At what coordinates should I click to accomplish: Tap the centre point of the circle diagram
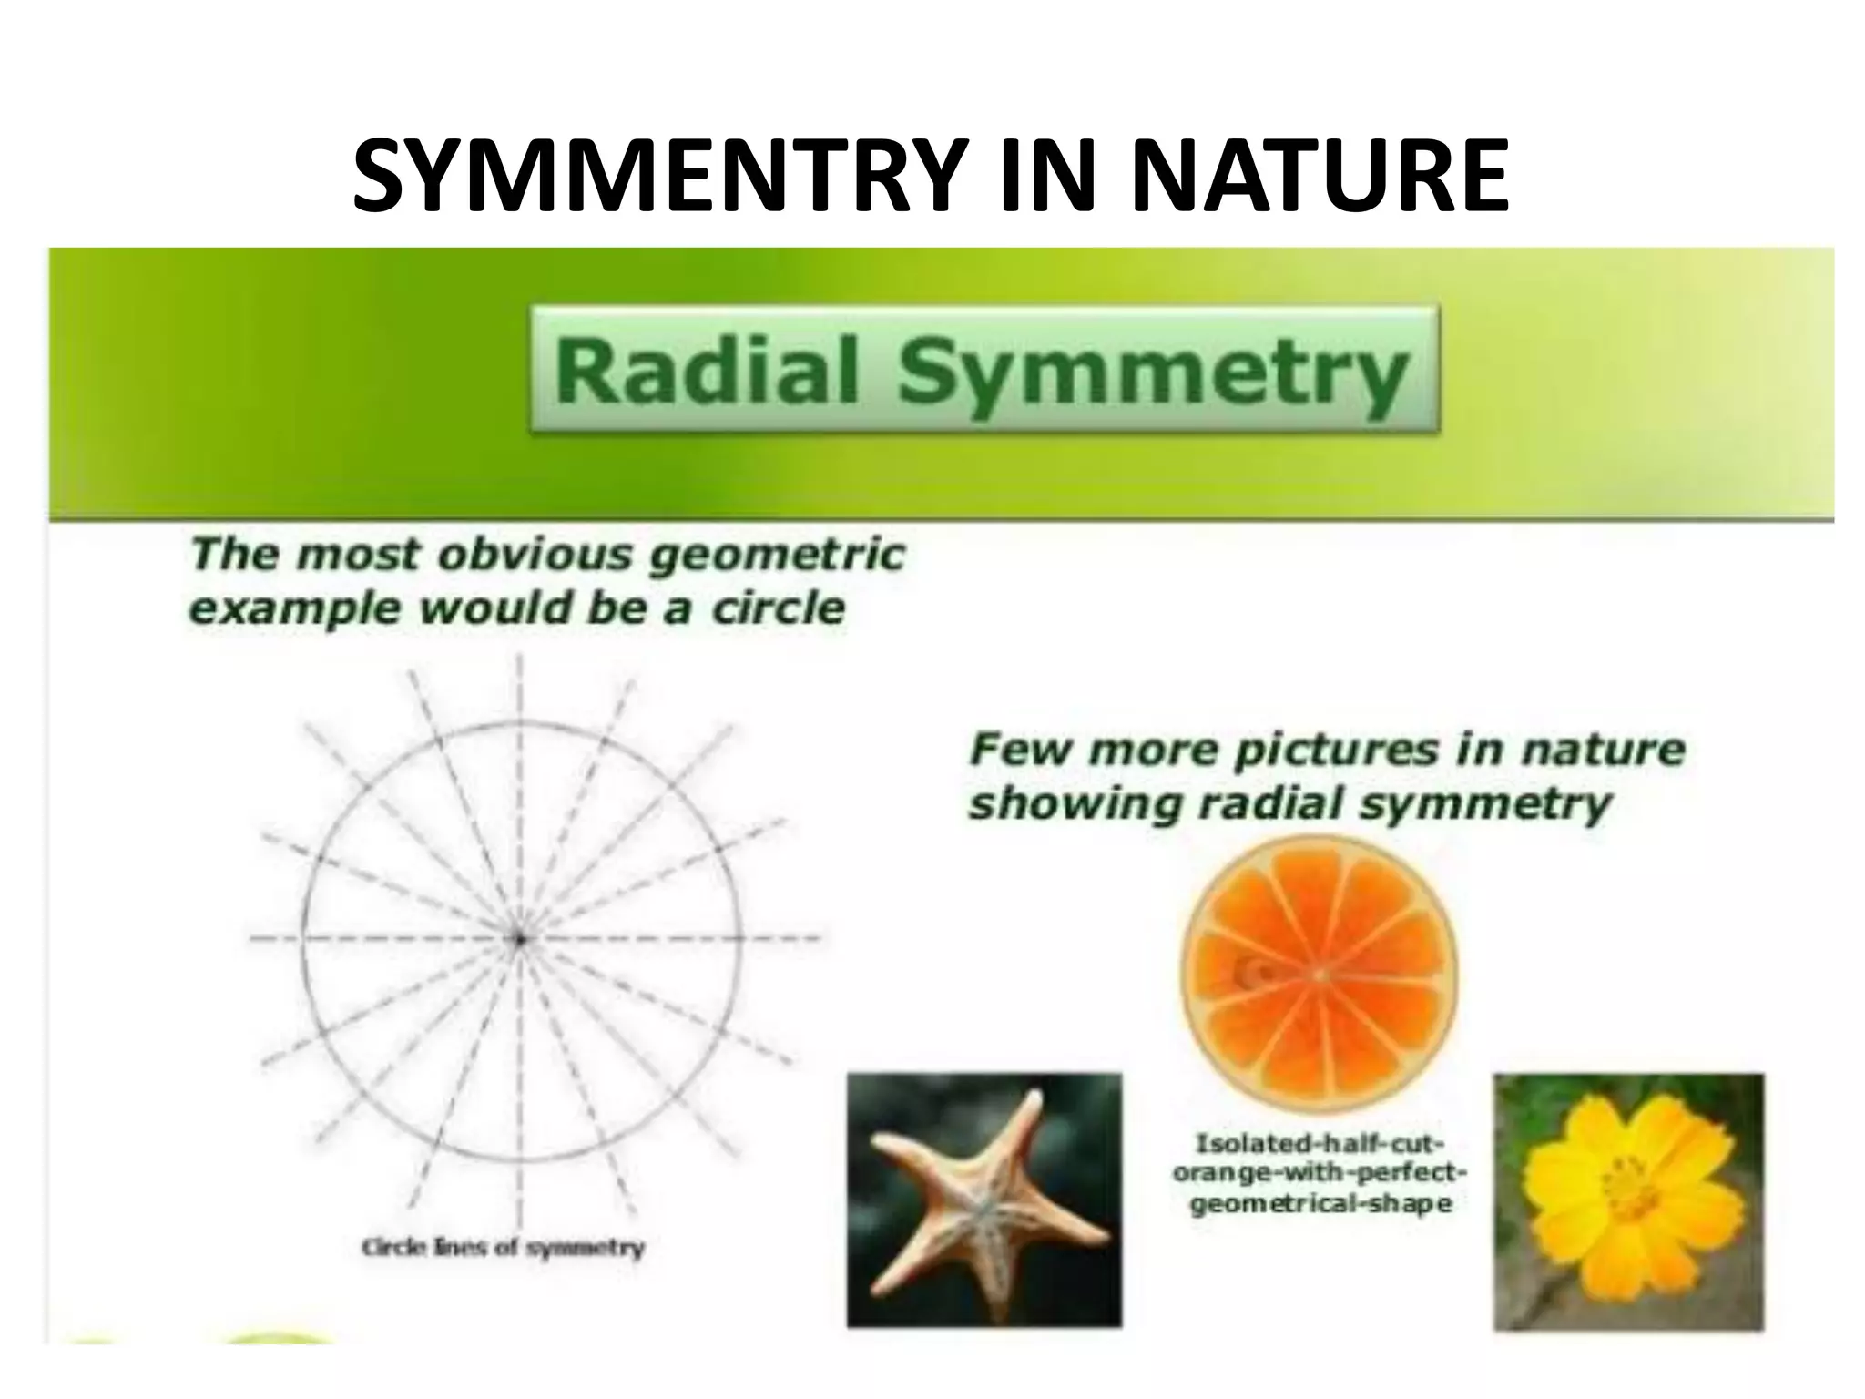(520, 938)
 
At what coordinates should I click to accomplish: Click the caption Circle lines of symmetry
(503, 1247)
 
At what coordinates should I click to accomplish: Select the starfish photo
(983, 1199)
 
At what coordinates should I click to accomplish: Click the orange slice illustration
(1319, 975)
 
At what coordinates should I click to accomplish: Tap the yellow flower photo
(1628, 1201)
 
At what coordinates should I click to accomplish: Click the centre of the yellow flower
(1621, 1185)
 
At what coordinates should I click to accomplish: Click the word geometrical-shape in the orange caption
(1320, 1205)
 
